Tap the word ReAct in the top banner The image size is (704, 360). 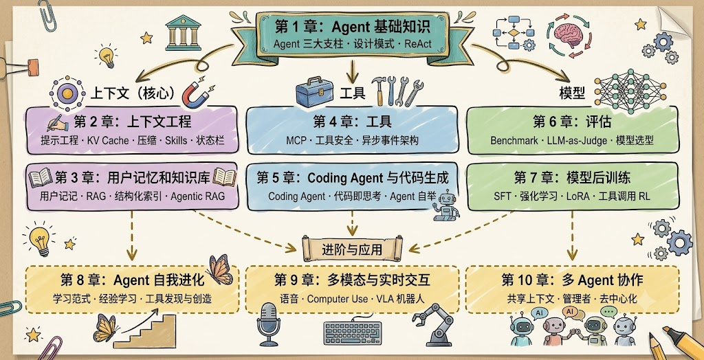(419, 45)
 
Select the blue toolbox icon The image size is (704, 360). (314, 91)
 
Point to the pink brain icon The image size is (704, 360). (569, 35)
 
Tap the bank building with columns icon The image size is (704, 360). (183, 32)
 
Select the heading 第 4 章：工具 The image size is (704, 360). (353, 121)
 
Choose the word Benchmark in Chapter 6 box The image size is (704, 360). (514, 141)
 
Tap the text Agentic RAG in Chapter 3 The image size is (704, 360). (198, 196)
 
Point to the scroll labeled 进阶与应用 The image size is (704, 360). (353, 248)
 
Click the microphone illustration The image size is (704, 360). (269, 324)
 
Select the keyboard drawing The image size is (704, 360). (353, 333)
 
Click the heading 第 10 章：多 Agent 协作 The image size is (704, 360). (572, 280)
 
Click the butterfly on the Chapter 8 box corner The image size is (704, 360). (220, 269)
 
